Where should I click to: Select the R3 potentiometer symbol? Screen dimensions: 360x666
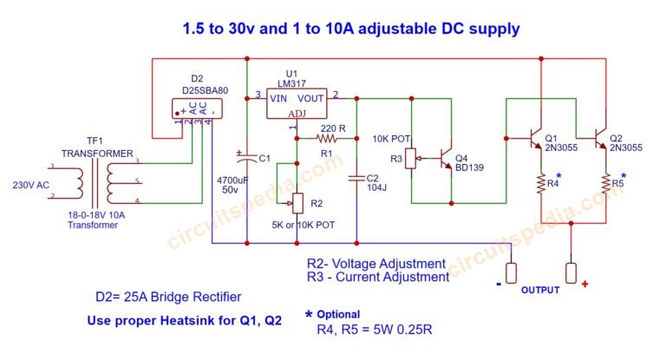tap(412, 160)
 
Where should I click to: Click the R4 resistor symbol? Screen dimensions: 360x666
tap(540, 184)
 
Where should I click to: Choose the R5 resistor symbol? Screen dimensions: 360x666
tap(605, 184)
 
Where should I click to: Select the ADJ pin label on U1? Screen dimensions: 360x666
tap(297, 113)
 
